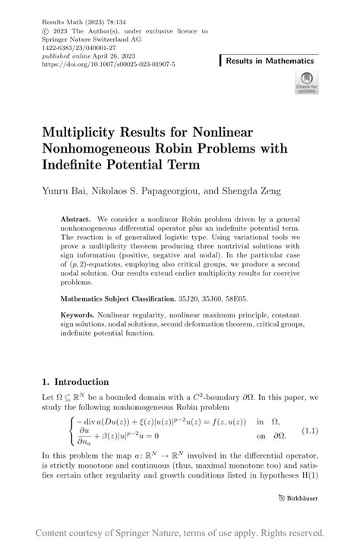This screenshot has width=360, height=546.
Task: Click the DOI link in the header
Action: pos(110,65)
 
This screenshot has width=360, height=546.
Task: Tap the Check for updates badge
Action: pos(306,82)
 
